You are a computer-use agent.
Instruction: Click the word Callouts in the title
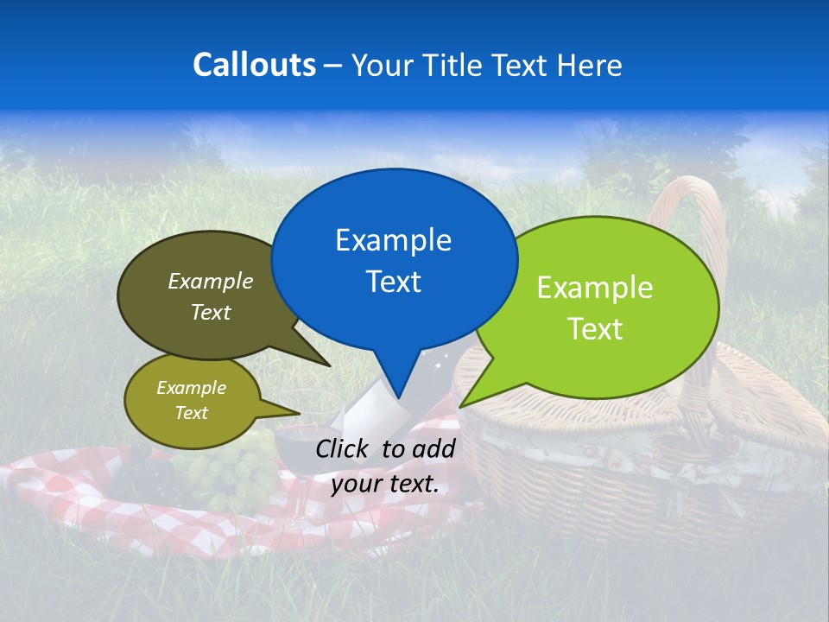254,65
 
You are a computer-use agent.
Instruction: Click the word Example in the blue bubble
393,240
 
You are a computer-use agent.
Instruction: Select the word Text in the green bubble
595,329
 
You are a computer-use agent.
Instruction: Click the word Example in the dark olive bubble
210,282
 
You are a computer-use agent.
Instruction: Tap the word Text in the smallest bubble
191,413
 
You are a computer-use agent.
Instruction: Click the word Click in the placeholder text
344,448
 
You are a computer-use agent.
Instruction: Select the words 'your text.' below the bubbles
384,484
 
